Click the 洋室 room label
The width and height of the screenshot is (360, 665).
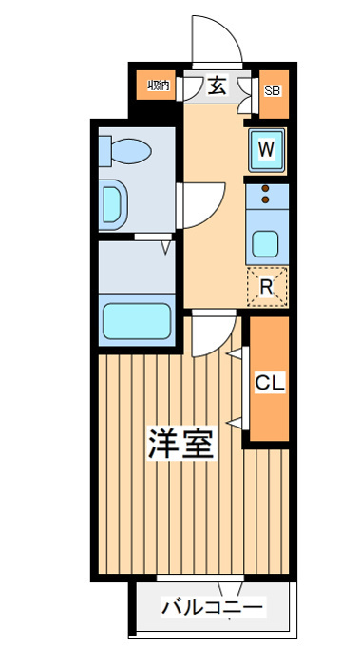180,444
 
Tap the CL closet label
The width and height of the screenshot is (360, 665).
269,384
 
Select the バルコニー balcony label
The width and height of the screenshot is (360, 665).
212,608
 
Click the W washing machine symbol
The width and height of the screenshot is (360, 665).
266,150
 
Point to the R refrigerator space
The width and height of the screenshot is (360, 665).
267,287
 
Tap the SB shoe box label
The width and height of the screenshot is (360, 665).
273,91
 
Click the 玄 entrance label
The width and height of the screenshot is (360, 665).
217,86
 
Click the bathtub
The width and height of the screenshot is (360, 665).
137,321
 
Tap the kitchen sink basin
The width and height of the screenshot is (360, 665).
266,245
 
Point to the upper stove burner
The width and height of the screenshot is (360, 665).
265,189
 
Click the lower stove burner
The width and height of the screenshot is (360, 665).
265,199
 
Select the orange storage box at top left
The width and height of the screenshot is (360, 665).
157,85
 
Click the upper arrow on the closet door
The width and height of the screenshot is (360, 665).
235,352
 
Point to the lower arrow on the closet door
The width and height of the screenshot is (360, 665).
235,423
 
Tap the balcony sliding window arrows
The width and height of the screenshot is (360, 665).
231,589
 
